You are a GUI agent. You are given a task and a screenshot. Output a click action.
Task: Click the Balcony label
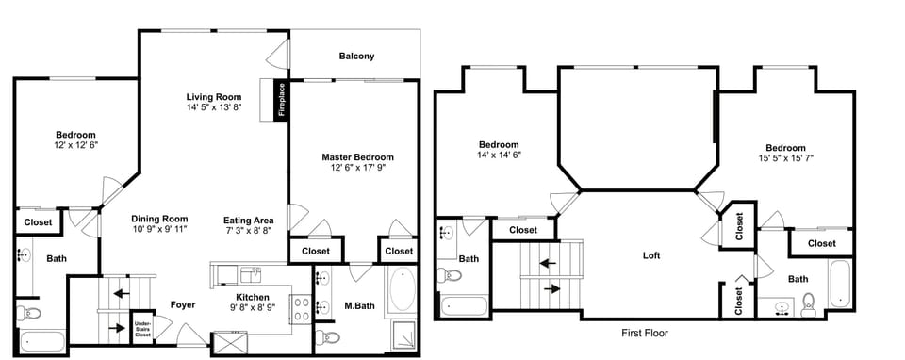356,56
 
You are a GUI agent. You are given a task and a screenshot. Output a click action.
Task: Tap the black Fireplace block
280,100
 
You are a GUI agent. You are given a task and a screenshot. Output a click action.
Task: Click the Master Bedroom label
357,157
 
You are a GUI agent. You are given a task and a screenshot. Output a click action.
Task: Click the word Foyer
183,304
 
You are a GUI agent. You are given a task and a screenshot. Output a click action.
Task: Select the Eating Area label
249,220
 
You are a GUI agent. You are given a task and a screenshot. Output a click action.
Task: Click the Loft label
650,255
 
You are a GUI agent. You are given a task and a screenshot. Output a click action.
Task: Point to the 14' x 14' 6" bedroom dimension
499,155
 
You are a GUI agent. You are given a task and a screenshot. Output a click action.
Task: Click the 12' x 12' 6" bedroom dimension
74,145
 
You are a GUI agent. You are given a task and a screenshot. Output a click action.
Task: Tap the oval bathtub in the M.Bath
401,290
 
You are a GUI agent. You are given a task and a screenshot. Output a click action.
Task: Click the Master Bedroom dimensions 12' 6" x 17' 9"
357,168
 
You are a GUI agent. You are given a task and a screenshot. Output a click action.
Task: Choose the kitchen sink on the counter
250,274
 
